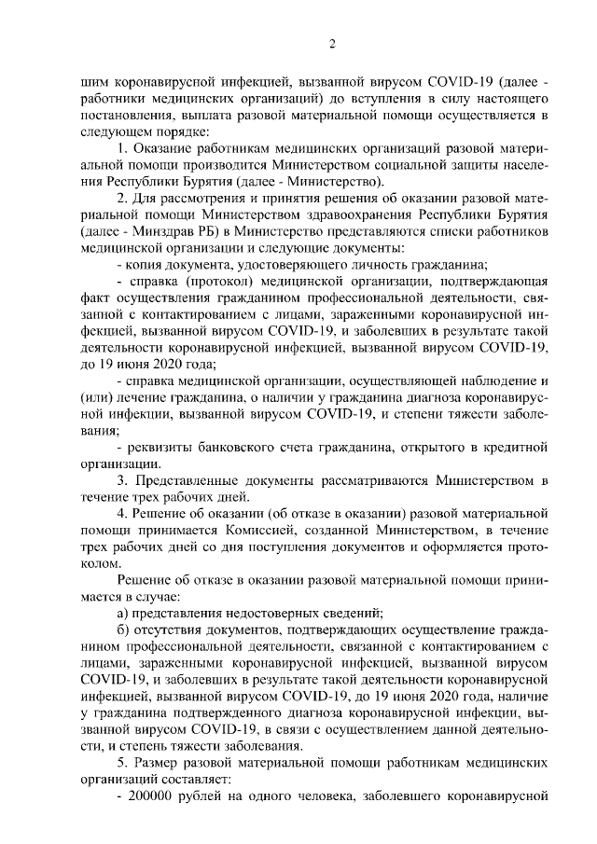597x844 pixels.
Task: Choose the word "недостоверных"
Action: pyautogui.click(x=277, y=613)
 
